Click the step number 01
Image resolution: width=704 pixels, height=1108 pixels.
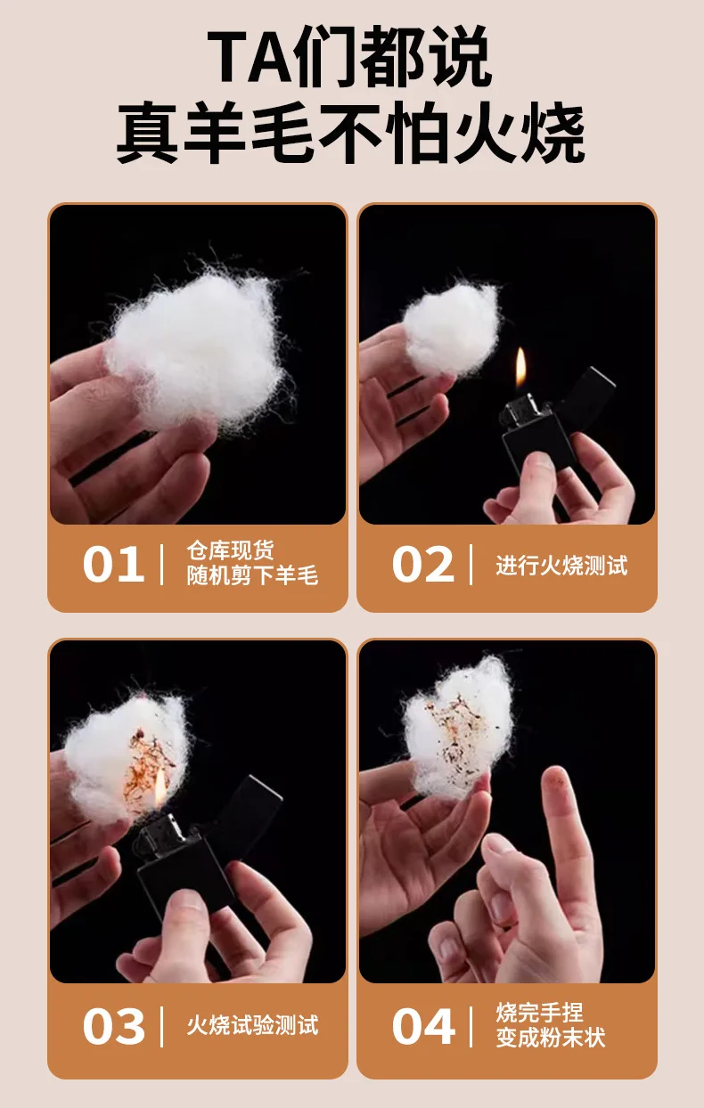point(113,565)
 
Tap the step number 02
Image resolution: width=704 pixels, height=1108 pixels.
point(422,565)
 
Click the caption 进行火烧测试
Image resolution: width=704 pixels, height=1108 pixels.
point(561,566)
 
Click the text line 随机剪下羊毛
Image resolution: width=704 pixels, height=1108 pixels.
point(252,575)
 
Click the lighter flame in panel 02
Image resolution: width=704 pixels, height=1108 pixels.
point(520,367)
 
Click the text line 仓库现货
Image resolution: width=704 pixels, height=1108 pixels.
point(230,550)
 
